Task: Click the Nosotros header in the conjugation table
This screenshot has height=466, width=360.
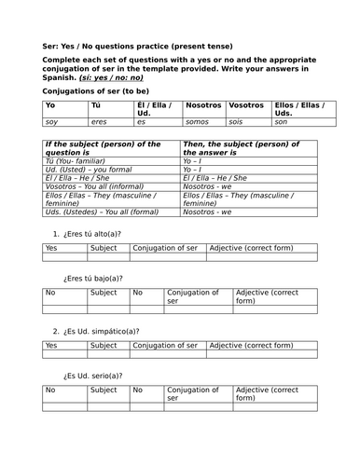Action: pos(203,105)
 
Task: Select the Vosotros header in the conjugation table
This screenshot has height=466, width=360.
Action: pos(245,105)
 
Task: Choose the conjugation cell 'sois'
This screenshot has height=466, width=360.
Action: pos(238,122)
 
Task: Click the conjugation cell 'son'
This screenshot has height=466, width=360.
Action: pos(281,122)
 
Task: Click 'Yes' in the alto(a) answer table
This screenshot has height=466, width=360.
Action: pos(52,249)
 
